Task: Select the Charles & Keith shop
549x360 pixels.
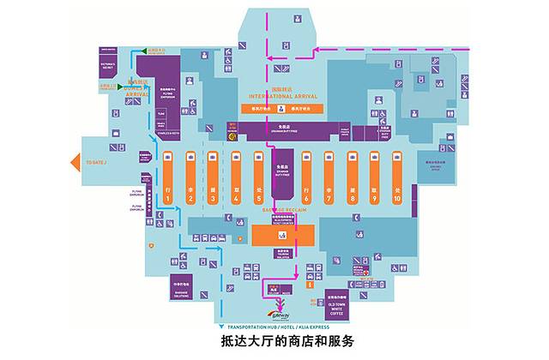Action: click(167, 134)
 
